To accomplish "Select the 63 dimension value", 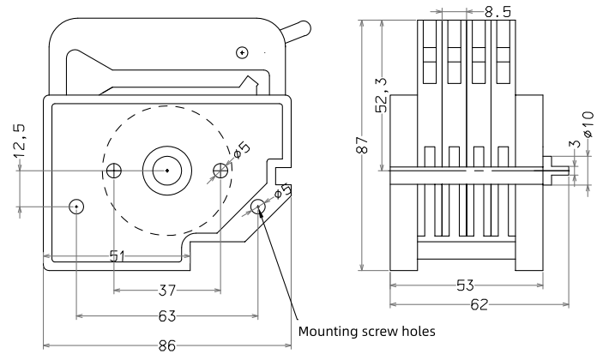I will tap(168, 316).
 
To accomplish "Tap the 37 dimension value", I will tap(166, 289).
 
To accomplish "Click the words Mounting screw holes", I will tap(368, 329).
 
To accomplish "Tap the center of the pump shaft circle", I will tap(166, 171).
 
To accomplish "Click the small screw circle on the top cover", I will tap(243, 53).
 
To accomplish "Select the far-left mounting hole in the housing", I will tap(76, 206).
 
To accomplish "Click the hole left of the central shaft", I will tap(114, 171).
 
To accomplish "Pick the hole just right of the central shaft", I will tap(220, 171).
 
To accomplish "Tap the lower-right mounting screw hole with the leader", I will tap(259, 206).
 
